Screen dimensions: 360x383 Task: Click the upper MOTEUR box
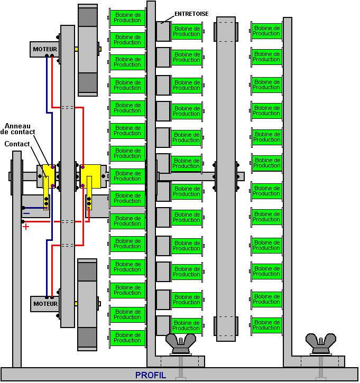(45, 49)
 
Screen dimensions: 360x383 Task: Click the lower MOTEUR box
(45, 304)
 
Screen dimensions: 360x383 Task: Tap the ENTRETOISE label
(191, 14)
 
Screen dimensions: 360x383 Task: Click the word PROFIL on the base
(151, 376)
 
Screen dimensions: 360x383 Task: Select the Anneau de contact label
(17, 129)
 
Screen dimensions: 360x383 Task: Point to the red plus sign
(26, 227)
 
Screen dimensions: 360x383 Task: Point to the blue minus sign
(26, 213)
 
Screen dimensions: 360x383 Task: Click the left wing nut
(181, 344)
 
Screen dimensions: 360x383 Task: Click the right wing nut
(321, 344)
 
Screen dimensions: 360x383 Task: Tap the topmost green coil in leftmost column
(127, 17)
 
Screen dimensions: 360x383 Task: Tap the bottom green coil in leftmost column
(127, 338)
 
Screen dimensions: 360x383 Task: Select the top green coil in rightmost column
(266, 31)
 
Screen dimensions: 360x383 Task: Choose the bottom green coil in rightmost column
(266, 325)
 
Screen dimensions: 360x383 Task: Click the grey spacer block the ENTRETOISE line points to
(163, 31)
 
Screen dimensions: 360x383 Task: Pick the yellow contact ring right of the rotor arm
(90, 176)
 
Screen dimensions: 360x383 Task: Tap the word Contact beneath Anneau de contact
(17, 144)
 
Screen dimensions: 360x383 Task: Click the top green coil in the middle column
(187, 31)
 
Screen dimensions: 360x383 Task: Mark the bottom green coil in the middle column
(187, 325)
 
